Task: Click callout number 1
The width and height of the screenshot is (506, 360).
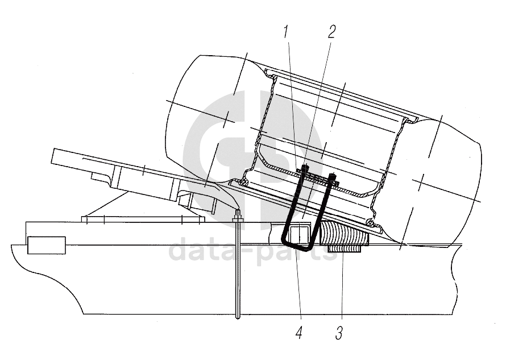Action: coord(285,32)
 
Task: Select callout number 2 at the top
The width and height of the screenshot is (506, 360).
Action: coord(331,31)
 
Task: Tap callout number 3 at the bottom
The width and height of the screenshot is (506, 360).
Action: coord(339,333)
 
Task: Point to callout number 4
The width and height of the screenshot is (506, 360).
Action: coord(299,333)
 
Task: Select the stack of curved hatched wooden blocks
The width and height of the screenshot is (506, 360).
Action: coord(343,233)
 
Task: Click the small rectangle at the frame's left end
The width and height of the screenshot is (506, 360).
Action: coord(47,245)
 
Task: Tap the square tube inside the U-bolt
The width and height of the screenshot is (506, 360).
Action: coord(300,235)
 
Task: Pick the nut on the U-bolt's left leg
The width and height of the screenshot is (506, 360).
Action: coord(305,168)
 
